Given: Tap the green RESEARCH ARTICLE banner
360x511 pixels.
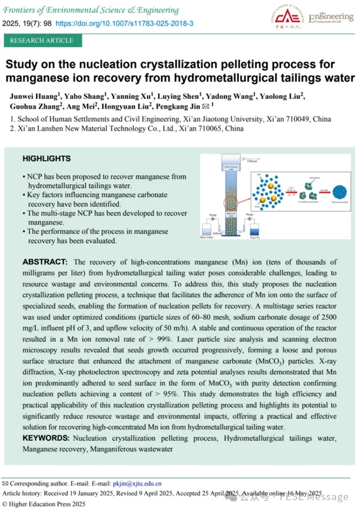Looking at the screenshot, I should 42,40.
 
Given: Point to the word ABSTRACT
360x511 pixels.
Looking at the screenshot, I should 45,263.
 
